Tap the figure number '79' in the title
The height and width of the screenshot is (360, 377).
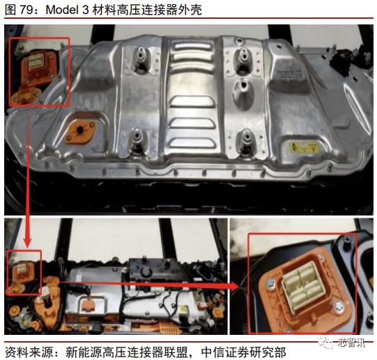tap(27, 9)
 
